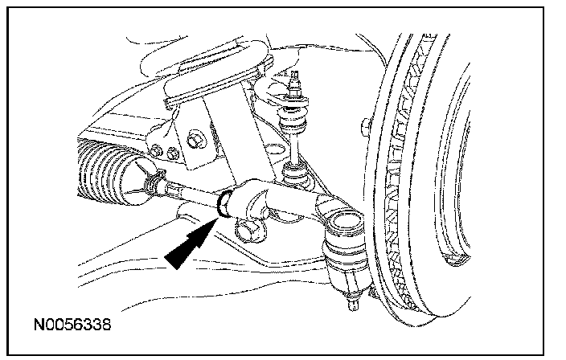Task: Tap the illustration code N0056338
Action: [x=72, y=325]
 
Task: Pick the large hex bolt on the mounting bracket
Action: [x=195, y=139]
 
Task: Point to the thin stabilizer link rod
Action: [x=294, y=148]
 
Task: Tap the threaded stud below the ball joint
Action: [x=353, y=302]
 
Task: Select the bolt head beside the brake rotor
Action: [x=365, y=127]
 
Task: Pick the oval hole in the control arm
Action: [x=275, y=150]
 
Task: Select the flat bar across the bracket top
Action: [x=213, y=84]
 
